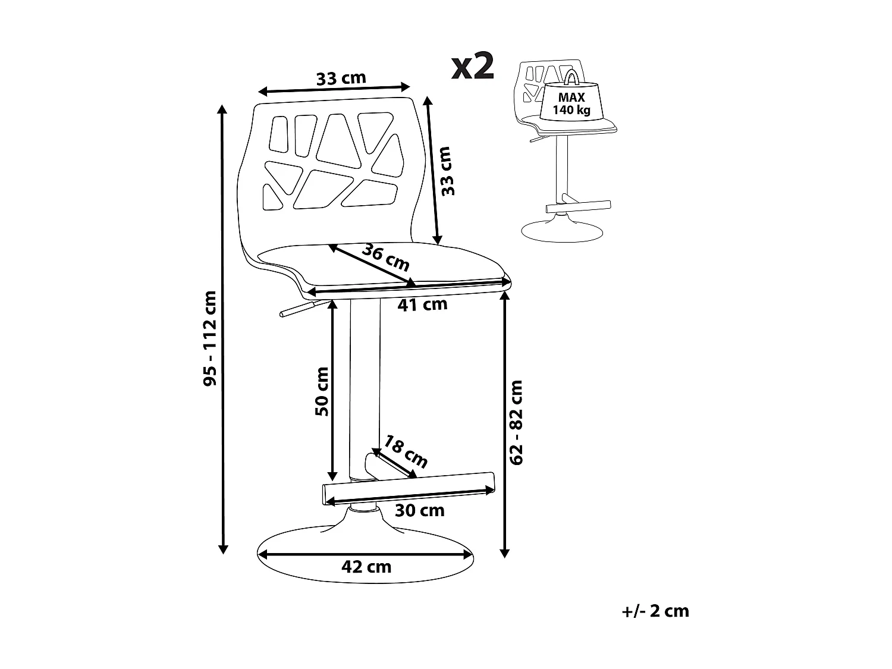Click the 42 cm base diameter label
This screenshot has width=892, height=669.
click(x=366, y=567)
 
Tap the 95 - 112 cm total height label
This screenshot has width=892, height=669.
click(x=210, y=338)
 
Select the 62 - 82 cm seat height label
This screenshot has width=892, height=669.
click(x=516, y=422)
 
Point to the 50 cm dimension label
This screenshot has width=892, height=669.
click(x=322, y=391)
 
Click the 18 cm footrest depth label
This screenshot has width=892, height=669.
click(x=406, y=451)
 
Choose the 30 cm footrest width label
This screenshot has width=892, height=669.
click(x=420, y=510)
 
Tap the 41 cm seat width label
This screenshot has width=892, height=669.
click(x=422, y=304)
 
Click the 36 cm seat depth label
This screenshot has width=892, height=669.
click(x=386, y=257)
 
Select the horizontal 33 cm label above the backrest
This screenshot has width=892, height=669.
click(x=341, y=78)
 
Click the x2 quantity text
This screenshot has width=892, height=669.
click(x=473, y=65)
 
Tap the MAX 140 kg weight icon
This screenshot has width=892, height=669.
click(x=571, y=97)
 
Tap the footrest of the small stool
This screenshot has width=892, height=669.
click(x=578, y=206)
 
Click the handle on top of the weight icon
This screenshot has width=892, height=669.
click(x=571, y=77)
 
